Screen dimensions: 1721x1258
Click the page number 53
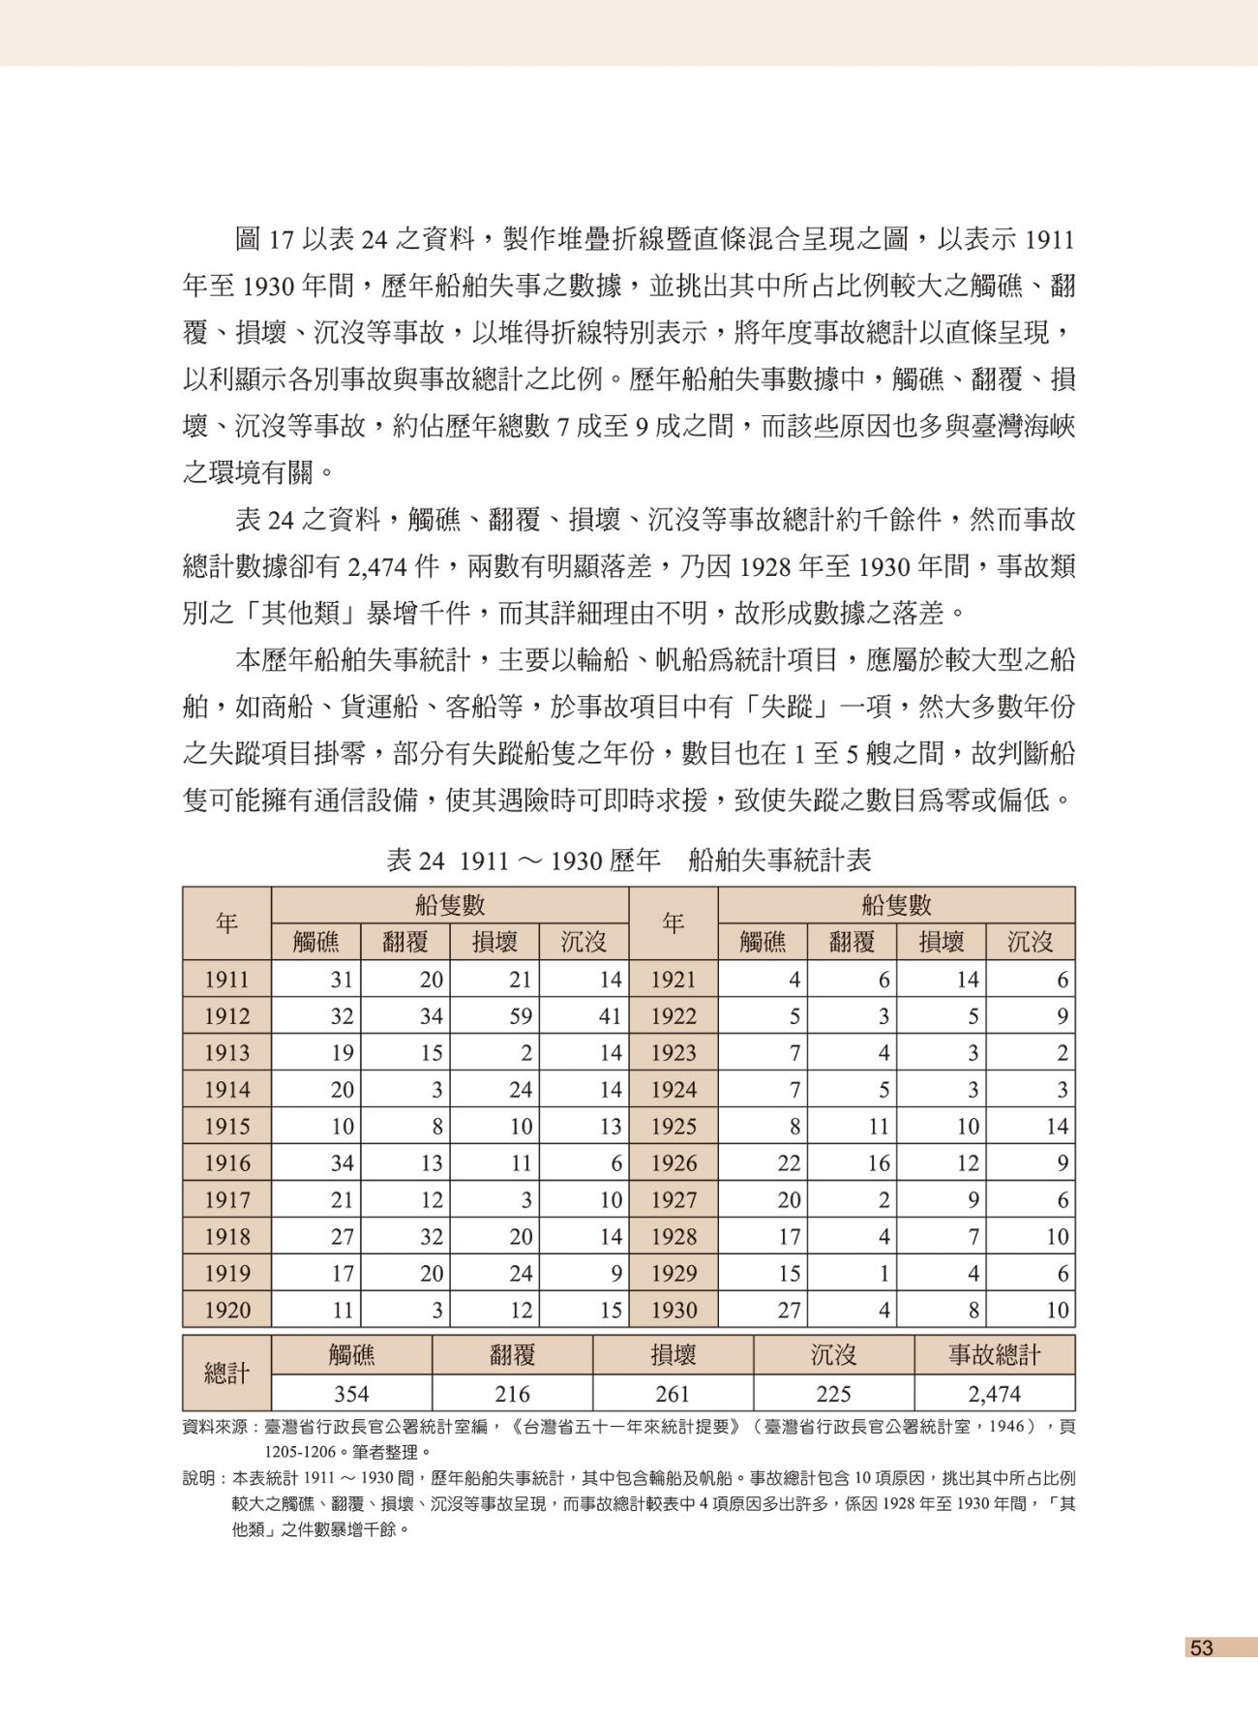(x=1201, y=1647)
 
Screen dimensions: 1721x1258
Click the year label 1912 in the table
(x=226, y=1016)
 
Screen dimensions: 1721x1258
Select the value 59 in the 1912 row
(x=521, y=1016)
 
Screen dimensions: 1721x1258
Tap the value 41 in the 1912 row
(x=609, y=1016)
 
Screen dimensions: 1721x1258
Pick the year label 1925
(x=674, y=1127)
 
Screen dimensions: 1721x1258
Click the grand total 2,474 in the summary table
(x=994, y=1394)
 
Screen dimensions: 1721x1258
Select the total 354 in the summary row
(x=351, y=1394)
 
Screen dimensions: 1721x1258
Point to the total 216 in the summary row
(x=512, y=1394)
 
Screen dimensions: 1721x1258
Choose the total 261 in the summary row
(x=673, y=1394)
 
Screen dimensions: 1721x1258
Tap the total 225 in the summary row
(x=833, y=1394)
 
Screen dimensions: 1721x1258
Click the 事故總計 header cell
(x=994, y=1354)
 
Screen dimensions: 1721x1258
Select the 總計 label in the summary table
(x=226, y=1374)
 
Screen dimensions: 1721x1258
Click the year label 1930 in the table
(x=674, y=1311)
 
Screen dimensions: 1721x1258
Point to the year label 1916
(x=226, y=1163)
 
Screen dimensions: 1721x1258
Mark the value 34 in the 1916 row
(x=342, y=1163)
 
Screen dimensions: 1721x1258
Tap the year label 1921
(x=674, y=980)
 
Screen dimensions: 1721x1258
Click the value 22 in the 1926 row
(x=789, y=1163)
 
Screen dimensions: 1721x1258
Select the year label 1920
(x=226, y=1311)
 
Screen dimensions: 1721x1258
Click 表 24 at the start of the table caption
(x=414, y=860)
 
